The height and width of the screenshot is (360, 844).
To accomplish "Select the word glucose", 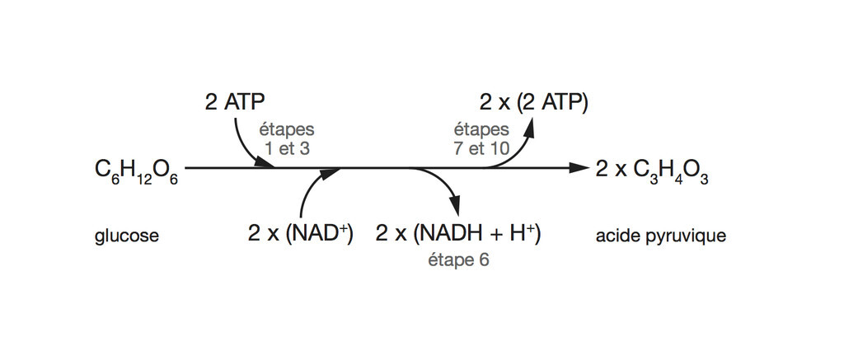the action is pyautogui.click(x=127, y=236).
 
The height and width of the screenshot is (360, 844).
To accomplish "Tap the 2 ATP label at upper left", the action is pyautogui.click(x=234, y=102).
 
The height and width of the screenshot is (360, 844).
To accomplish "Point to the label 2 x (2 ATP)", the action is pyautogui.click(x=534, y=102).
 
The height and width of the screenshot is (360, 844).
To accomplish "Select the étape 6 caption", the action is pyautogui.click(x=459, y=261).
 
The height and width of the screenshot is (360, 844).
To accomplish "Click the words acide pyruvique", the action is pyautogui.click(x=660, y=236).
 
